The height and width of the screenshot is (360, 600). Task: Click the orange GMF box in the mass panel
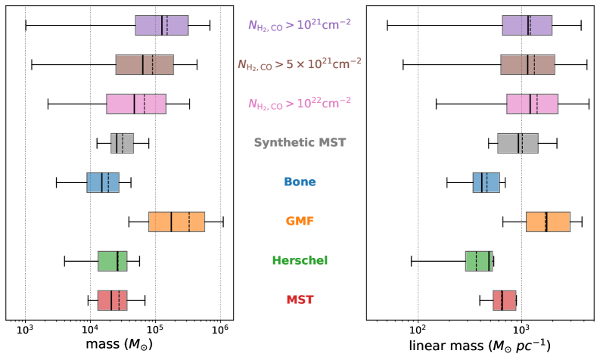[x=176, y=222]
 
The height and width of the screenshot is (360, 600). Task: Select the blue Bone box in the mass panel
[x=103, y=182]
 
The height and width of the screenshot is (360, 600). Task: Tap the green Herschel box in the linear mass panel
[x=479, y=261]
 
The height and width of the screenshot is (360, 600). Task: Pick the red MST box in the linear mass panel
[x=505, y=300]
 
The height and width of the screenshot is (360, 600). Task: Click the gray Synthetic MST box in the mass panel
[x=122, y=143]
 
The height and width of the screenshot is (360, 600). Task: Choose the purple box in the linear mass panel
[x=527, y=25]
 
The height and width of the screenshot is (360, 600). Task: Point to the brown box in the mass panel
[x=145, y=64]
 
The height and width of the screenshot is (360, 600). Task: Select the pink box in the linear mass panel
[x=532, y=104]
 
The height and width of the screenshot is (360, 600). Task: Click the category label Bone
[x=300, y=182]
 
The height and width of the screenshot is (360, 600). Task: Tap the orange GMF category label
[x=300, y=222]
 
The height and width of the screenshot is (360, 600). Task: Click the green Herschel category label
[x=300, y=261]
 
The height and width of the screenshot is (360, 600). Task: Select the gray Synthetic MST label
[x=300, y=142]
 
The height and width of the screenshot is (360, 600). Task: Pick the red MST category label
[x=300, y=300]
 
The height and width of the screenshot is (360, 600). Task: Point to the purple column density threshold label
[x=300, y=24]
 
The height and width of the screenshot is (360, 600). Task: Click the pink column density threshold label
[x=300, y=103]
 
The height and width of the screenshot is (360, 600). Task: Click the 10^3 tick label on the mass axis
[x=25, y=331]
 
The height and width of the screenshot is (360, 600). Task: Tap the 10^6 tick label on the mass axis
[x=220, y=331]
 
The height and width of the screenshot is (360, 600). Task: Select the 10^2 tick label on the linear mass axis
[x=418, y=331]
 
